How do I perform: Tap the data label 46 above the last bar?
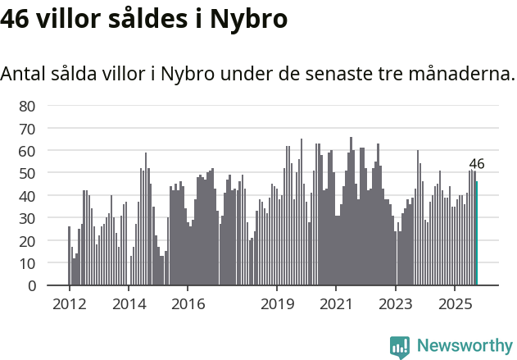(476, 164)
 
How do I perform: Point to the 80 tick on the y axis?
(27, 106)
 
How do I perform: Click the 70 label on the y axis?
(27, 129)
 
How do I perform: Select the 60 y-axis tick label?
(27, 151)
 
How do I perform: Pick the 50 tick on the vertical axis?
(27, 174)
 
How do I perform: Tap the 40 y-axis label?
(27, 196)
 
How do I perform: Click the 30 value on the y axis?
(27, 219)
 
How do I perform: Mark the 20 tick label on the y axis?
(27, 241)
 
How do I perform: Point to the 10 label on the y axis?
(27, 264)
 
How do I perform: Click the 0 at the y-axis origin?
(31, 286)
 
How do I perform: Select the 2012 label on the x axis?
(69, 304)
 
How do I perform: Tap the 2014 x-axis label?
(129, 304)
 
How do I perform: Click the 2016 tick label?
(188, 304)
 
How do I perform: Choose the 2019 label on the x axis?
(277, 304)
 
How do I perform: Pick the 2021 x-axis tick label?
(336, 304)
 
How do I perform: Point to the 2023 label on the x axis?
(396, 304)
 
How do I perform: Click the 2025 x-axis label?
(455, 304)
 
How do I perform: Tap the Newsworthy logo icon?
(400, 347)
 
